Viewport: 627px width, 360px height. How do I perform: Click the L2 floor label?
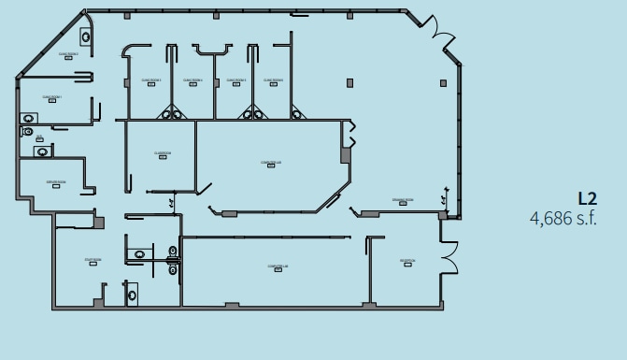click(x=587, y=198)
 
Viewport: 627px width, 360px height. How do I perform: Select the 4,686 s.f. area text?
click(x=563, y=218)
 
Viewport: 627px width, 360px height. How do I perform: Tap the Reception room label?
click(x=407, y=262)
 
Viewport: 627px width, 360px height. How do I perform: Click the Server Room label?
click(x=55, y=182)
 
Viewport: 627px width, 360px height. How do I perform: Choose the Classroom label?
click(x=163, y=153)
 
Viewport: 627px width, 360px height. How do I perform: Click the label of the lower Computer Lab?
click(x=278, y=267)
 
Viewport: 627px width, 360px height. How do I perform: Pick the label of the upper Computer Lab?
click(x=271, y=163)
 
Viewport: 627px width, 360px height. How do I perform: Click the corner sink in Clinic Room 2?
click(x=85, y=36)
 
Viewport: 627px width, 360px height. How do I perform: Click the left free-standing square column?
click(x=350, y=83)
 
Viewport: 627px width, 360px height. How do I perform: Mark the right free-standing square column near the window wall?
click(x=442, y=83)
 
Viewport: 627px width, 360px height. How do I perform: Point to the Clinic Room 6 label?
click(x=274, y=80)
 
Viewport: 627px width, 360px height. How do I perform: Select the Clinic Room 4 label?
click(x=192, y=80)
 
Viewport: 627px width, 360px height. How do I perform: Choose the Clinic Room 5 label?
click(x=235, y=80)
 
